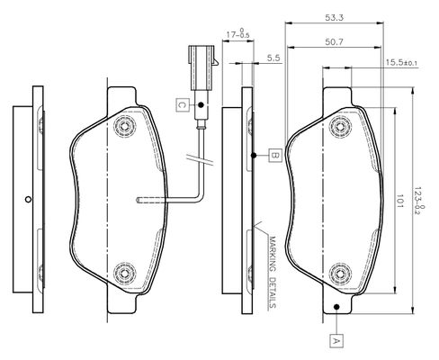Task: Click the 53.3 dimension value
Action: (x=334, y=18)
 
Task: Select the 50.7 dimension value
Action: (x=334, y=42)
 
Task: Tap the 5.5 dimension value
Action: (x=273, y=58)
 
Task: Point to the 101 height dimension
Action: (x=399, y=201)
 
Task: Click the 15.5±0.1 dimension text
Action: (x=401, y=63)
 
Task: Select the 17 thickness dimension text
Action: (x=237, y=33)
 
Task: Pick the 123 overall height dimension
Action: (x=419, y=201)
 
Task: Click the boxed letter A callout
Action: (x=336, y=340)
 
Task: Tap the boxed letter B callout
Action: (x=275, y=156)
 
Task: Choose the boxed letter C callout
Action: (x=182, y=105)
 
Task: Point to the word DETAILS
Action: (x=273, y=292)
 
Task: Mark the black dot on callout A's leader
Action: (x=336, y=307)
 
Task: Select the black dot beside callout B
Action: (x=254, y=156)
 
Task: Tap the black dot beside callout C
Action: (x=201, y=105)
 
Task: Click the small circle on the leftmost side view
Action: (x=28, y=199)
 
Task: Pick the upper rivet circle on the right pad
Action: (x=340, y=127)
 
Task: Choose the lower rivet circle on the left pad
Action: (x=125, y=273)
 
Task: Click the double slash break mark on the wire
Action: (x=201, y=159)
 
